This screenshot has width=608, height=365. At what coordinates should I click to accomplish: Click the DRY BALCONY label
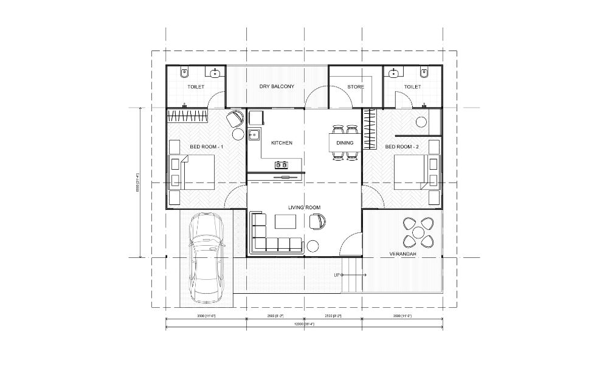(x=277, y=87)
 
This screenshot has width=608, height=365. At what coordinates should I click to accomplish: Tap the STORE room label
(x=356, y=87)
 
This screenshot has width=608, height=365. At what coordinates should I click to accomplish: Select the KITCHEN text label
(x=282, y=143)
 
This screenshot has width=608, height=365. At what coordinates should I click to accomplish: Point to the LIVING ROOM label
(x=304, y=208)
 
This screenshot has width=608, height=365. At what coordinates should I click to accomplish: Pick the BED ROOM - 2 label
(x=402, y=147)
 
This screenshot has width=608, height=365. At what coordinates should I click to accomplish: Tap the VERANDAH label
(x=402, y=254)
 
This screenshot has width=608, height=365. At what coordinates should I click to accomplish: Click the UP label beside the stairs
(x=337, y=276)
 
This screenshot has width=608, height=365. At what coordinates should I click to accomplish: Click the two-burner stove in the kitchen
(x=282, y=164)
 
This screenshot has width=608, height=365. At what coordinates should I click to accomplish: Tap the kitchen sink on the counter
(x=254, y=135)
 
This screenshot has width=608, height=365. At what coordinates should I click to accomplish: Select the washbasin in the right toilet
(x=393, y=73)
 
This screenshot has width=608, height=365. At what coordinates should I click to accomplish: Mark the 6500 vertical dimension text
(x=138, y=182)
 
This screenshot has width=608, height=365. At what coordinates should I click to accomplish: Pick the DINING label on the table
(x=345, y=143)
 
